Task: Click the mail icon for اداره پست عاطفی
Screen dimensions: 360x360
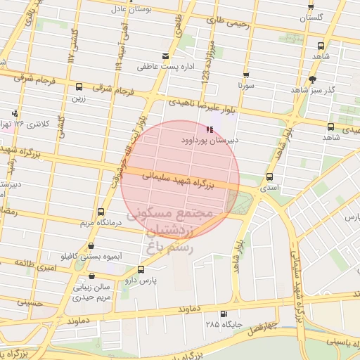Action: pyautogui.click(x=165, y=56)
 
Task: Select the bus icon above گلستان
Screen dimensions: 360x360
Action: pyautogui.click(x=311, y=6)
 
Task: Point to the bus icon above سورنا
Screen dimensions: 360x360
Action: pyautogui.click(x=245, y=75)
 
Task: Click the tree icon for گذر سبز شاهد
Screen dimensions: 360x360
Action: pyautogui.click(x=313, y=79)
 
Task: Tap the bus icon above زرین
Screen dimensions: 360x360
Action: pyautogui.click(x=78, y=87)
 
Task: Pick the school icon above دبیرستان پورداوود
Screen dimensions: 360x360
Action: pyautogui.click(x=209, y=129)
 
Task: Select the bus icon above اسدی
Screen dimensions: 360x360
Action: pyautogui.click(x=270, y=177)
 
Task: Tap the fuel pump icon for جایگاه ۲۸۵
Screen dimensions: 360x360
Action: pyautogui.click(x=224, y=314)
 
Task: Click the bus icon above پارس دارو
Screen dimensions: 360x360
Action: pyautogui.click(x=141, y=269)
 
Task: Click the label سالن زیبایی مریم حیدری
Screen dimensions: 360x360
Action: pyautogui.click(x=93, y=292)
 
